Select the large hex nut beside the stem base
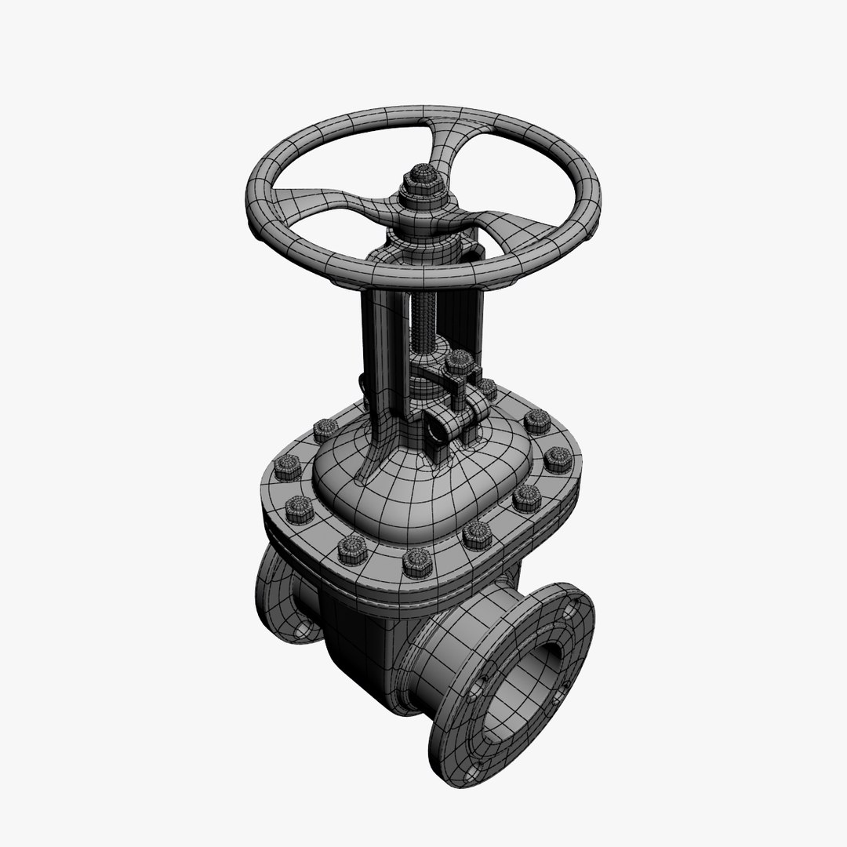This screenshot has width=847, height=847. pos(460,362)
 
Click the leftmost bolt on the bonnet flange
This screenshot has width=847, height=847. pos(287,468)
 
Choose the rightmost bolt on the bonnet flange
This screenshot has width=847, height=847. pos(558,460)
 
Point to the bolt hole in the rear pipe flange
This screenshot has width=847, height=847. pos(303,628)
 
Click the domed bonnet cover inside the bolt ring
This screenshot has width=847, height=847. pos(408,486)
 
